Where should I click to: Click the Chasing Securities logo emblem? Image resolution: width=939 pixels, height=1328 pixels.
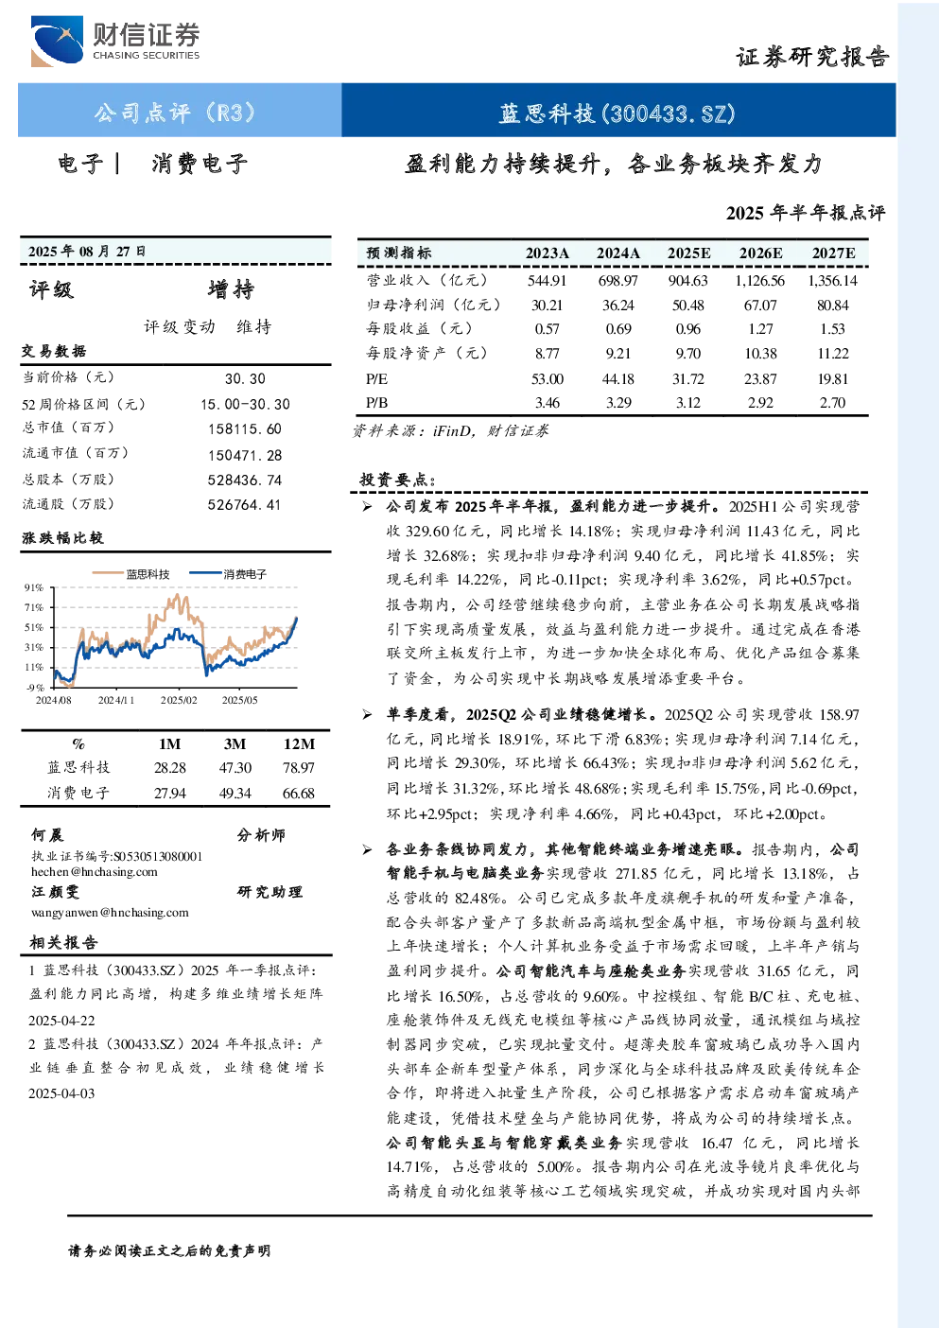coord(57,41)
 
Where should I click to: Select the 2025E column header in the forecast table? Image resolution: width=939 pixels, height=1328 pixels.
coord(688,253)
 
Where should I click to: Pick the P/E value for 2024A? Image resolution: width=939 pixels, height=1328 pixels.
coord(617,378)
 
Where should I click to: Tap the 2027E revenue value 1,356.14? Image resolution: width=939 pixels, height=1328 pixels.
coord(832,280)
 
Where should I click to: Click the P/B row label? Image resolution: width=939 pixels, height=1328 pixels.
coord(376,403)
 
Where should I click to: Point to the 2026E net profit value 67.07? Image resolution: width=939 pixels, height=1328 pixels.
coord(760,306)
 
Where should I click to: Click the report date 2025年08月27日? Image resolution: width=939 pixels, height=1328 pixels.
coord(87,252)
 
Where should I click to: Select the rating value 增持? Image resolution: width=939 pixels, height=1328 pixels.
coord(231,289)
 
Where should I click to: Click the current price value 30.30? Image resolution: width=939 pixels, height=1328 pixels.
coord(245,379)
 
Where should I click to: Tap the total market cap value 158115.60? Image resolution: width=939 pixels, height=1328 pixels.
coord(245,429)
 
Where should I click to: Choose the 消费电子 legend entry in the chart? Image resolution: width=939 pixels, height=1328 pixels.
coord(228,574)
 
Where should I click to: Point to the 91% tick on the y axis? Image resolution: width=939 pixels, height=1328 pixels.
coord(34,587)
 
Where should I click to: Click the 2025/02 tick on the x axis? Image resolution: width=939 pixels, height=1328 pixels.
coord(179,700)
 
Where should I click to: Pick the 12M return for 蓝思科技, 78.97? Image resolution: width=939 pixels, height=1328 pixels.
coord(298,768)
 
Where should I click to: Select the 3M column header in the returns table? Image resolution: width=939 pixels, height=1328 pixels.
coord(235,744)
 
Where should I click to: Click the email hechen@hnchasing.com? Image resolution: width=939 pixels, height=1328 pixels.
coord(95,872)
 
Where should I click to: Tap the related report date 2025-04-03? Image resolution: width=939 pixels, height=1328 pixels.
coord(61,1093)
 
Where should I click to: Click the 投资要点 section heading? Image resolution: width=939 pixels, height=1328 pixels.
coord(398,480)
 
